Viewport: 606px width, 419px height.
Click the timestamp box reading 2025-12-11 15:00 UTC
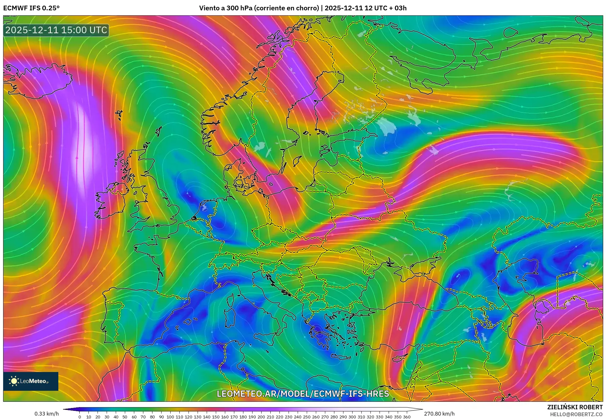(x=56, y=30)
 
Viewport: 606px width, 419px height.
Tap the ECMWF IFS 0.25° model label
(x=31, y=8)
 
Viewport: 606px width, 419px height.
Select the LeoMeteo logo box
(x=31, y=381)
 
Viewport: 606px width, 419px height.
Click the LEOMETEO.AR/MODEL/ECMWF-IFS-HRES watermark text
(x=303, y=394)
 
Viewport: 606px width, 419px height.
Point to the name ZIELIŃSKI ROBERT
(x=575, y=407)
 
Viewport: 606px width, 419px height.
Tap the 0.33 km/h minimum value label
(x=46, y=414)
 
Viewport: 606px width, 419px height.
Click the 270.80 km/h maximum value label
(x=439, y=414)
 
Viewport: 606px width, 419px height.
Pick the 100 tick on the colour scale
(x=170, y=416)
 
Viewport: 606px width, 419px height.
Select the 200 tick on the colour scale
(x=261, y=416)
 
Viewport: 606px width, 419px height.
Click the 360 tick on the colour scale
(x=407, y=416)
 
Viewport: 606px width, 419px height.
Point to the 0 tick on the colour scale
(x=80, y=416)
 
